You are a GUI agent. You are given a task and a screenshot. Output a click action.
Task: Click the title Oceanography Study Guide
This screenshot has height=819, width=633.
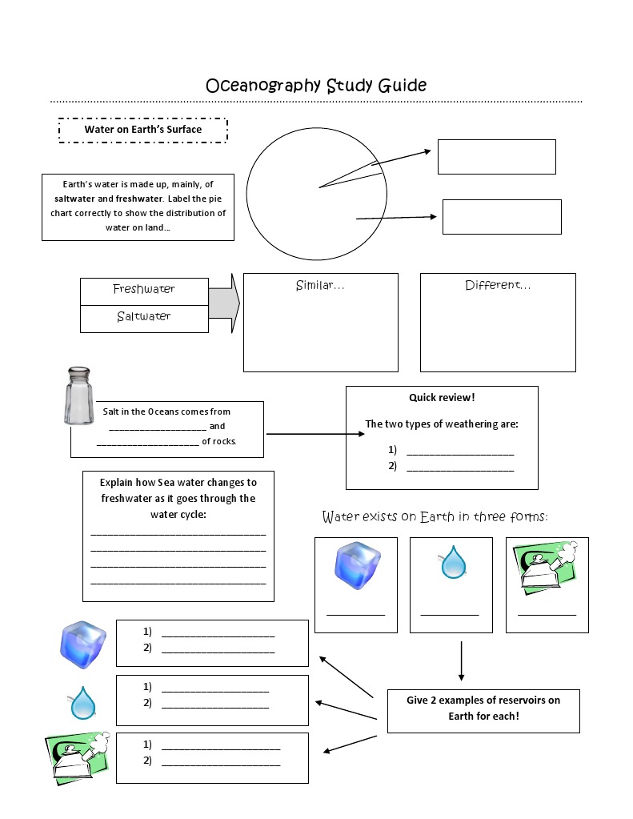click(316, 85)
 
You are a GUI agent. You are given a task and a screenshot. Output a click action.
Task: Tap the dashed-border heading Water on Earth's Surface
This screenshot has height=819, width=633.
click(143, 130)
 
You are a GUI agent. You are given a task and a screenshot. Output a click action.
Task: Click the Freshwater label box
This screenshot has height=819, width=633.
click(144, 290)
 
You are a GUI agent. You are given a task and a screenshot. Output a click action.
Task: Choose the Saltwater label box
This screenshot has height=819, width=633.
click(144, 317)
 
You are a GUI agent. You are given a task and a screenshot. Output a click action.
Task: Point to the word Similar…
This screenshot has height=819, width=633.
click(320, 286)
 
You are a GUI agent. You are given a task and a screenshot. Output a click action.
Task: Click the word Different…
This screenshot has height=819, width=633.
click(498, 286)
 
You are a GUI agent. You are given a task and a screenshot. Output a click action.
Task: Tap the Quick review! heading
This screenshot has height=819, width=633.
click(442, 398)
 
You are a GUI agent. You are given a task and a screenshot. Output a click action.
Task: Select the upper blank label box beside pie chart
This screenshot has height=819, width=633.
click(496, 157)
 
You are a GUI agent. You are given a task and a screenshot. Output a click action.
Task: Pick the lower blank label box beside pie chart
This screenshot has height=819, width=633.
click(502, 217)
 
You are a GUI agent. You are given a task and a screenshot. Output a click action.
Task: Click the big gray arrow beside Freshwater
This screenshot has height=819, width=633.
click(224, 303)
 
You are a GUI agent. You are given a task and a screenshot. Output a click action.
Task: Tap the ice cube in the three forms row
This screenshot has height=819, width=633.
click(356, 566)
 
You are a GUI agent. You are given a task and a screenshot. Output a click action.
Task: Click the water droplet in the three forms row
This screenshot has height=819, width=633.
click(454, 563)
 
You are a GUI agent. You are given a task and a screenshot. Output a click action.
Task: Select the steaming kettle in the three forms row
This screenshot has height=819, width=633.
click(547, 568)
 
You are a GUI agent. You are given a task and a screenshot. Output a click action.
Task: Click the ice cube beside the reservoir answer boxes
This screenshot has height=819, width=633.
click(82, 644)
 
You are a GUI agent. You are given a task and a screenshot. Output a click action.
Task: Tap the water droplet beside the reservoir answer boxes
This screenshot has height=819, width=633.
click(82, 704)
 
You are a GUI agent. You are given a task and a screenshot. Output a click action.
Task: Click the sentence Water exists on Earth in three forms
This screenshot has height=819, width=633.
click(435, 516)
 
